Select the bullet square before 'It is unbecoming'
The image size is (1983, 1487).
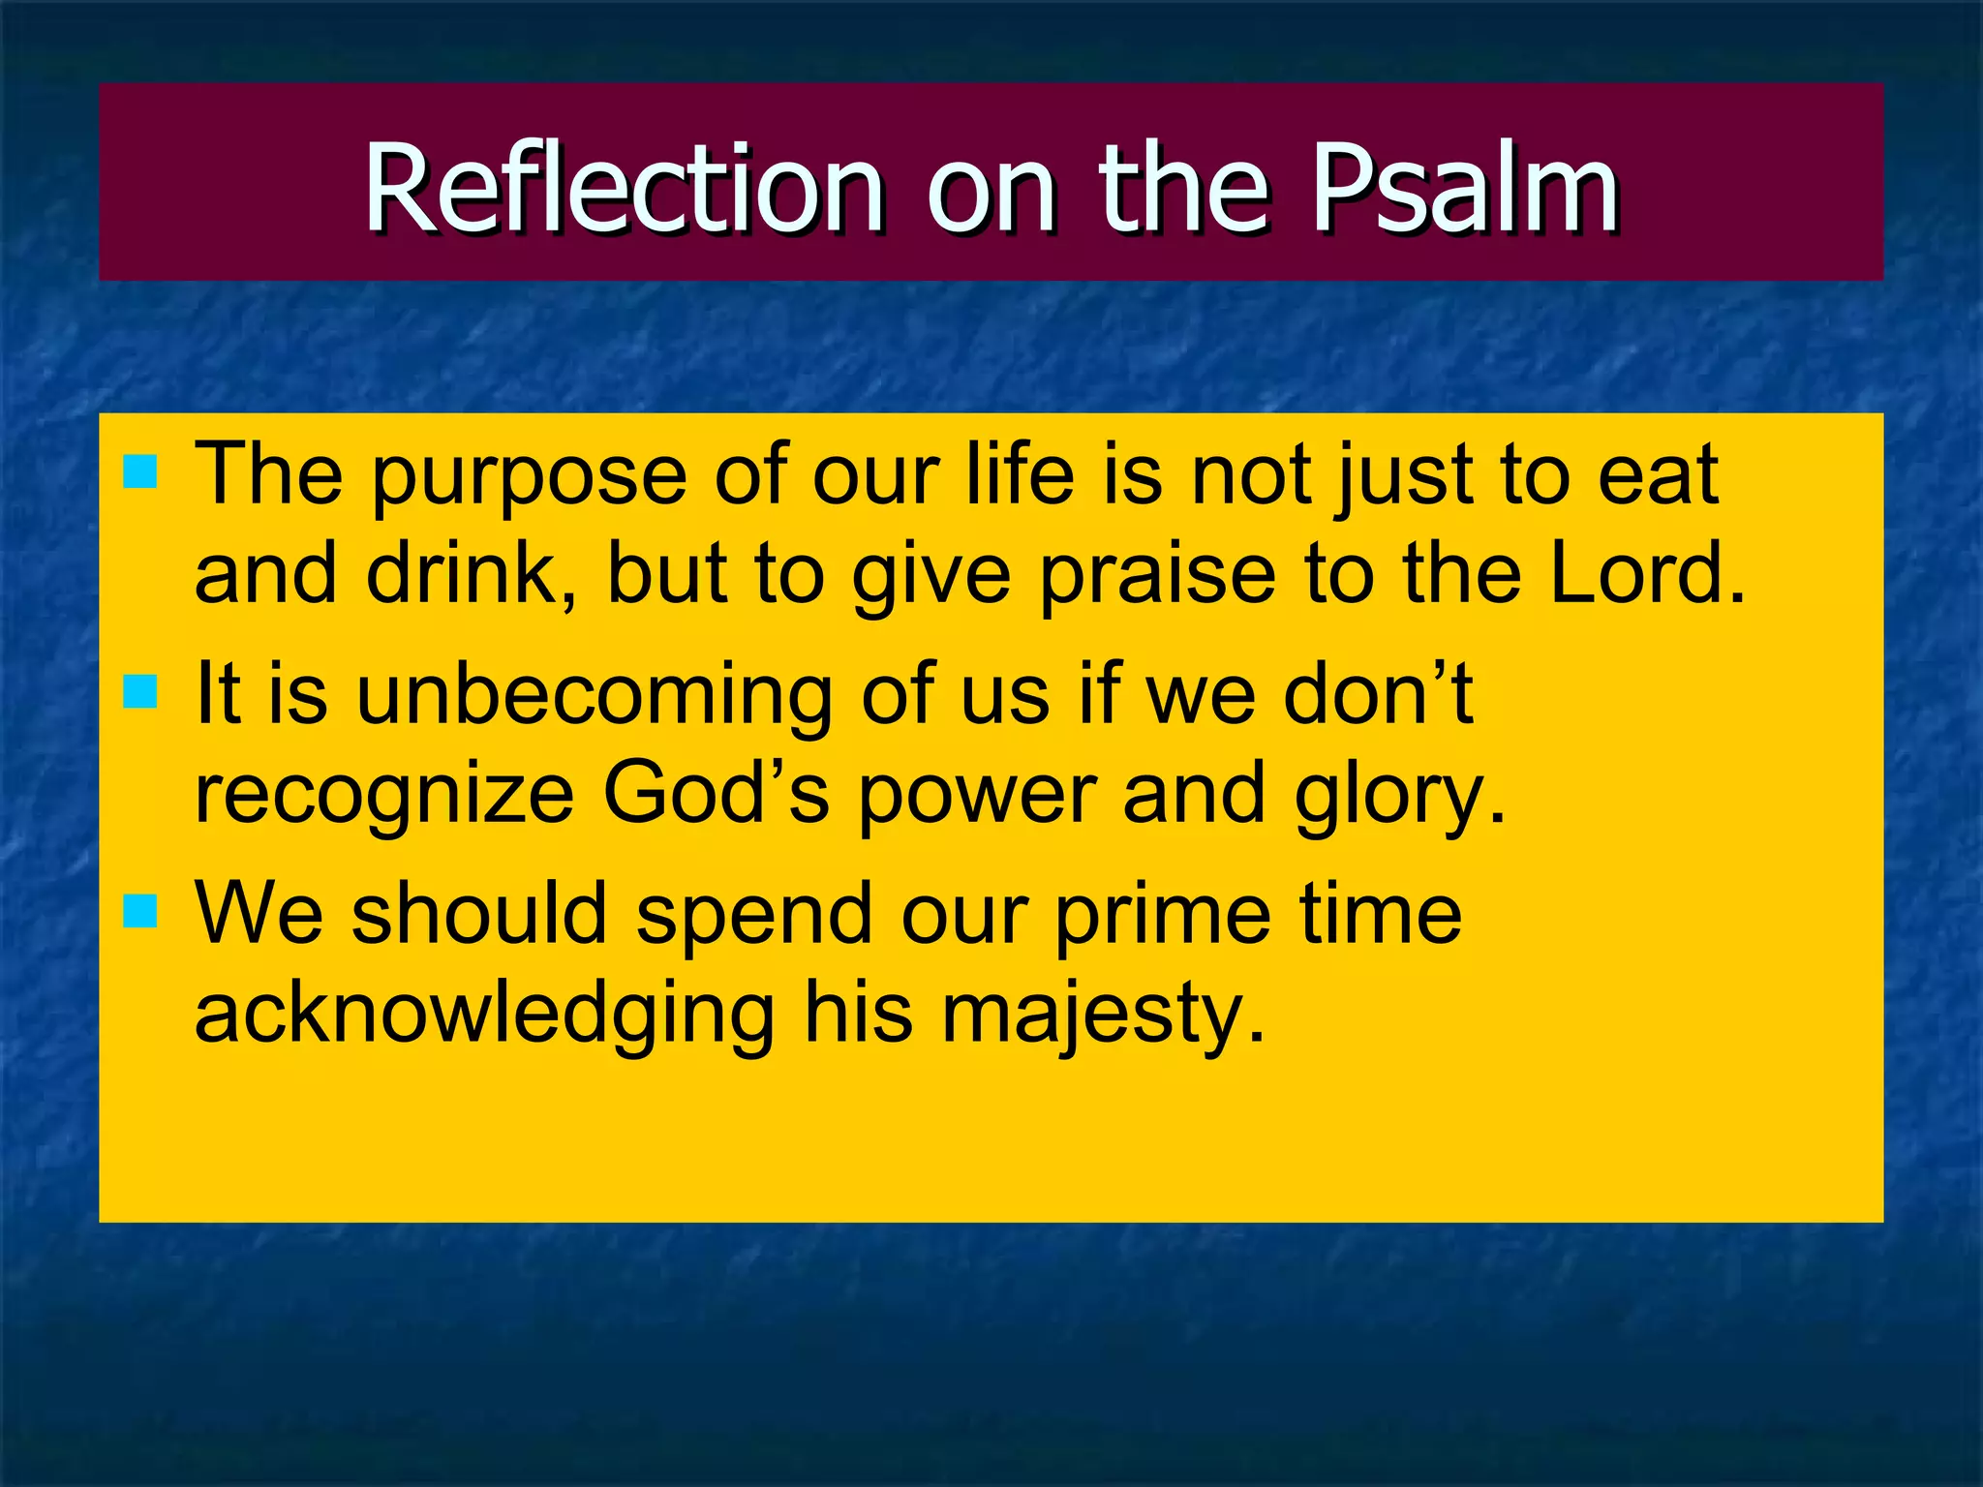tap(140, 692)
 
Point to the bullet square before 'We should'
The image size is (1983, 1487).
tap(140, 911)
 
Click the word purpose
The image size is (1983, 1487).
tap(529, 476)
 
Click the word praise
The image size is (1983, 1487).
tap(1158, 575)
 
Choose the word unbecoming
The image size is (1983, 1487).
tap(594, 695)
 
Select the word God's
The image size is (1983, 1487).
tap(716, 794)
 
